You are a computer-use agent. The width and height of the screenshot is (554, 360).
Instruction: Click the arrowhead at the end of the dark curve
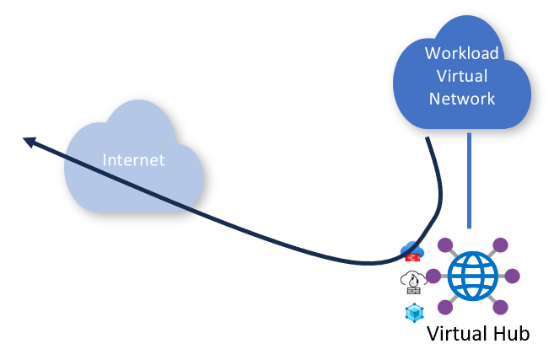click(x=29, y=142)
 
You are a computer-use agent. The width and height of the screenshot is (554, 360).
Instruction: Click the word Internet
click(x=133, y=160)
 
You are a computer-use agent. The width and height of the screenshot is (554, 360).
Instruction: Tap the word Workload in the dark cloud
click(x=461, y=54)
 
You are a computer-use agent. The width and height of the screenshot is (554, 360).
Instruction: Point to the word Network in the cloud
click(x=461, y=99)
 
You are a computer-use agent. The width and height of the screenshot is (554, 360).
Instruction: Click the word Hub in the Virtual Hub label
click(x=508, y=333)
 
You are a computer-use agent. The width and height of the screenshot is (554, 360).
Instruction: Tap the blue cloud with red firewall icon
click(x=411, y=251)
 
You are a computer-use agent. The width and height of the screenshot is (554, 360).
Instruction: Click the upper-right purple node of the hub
click(x=501, y=244)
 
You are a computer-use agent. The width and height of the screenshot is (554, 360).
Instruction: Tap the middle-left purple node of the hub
click(x=433, y=276)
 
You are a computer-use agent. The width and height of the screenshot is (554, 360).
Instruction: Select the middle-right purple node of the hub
click(x=512, y=276)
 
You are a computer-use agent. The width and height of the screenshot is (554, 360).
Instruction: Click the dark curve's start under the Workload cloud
click(x=429, y=142)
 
